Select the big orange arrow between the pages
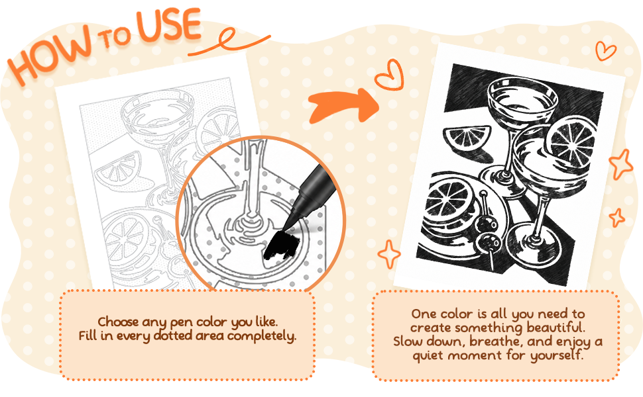pyautogui.click(x=343, y=106)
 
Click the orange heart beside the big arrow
pyautogui.click(x=390, y=75)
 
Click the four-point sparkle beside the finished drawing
pyautogui.click(x=388, y=254)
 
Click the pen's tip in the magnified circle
pyautogui.click(x=284, y=227)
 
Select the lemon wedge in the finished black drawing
pyautogui.click(x=467, y=137)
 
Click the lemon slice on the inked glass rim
pyautogui.click(x=572, y=141)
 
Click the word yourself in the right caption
pyautogui.click(x=556, y=355)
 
